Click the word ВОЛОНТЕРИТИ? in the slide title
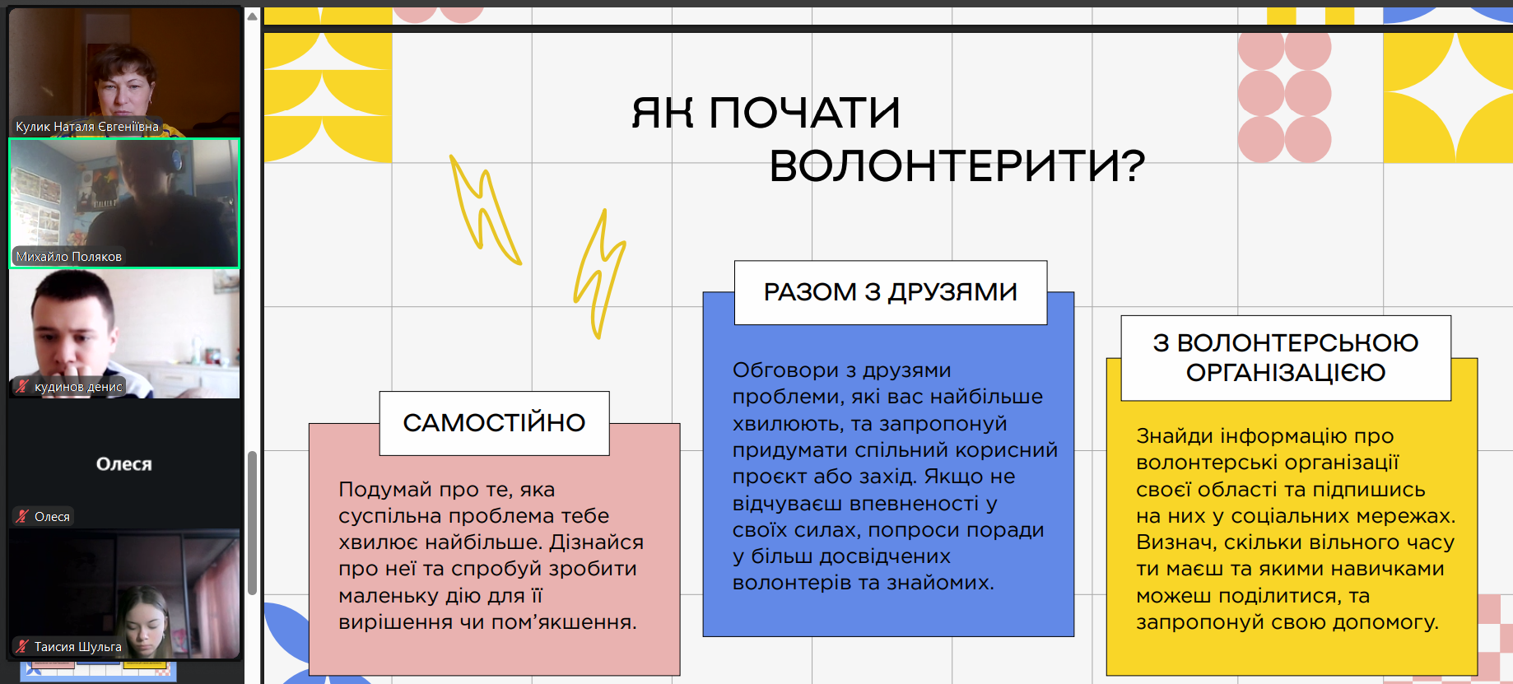957,165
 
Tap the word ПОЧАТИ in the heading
804,113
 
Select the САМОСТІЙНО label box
494,423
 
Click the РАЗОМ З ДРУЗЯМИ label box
891,292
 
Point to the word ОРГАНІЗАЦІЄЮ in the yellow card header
1286,373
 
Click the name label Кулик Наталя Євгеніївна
87,127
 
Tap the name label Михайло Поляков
69,257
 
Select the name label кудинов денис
78,387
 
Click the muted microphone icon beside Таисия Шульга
22,647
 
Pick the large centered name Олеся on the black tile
124,464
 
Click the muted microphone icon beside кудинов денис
22,387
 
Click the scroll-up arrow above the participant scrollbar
253,16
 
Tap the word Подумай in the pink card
385,491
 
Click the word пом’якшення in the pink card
564,622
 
